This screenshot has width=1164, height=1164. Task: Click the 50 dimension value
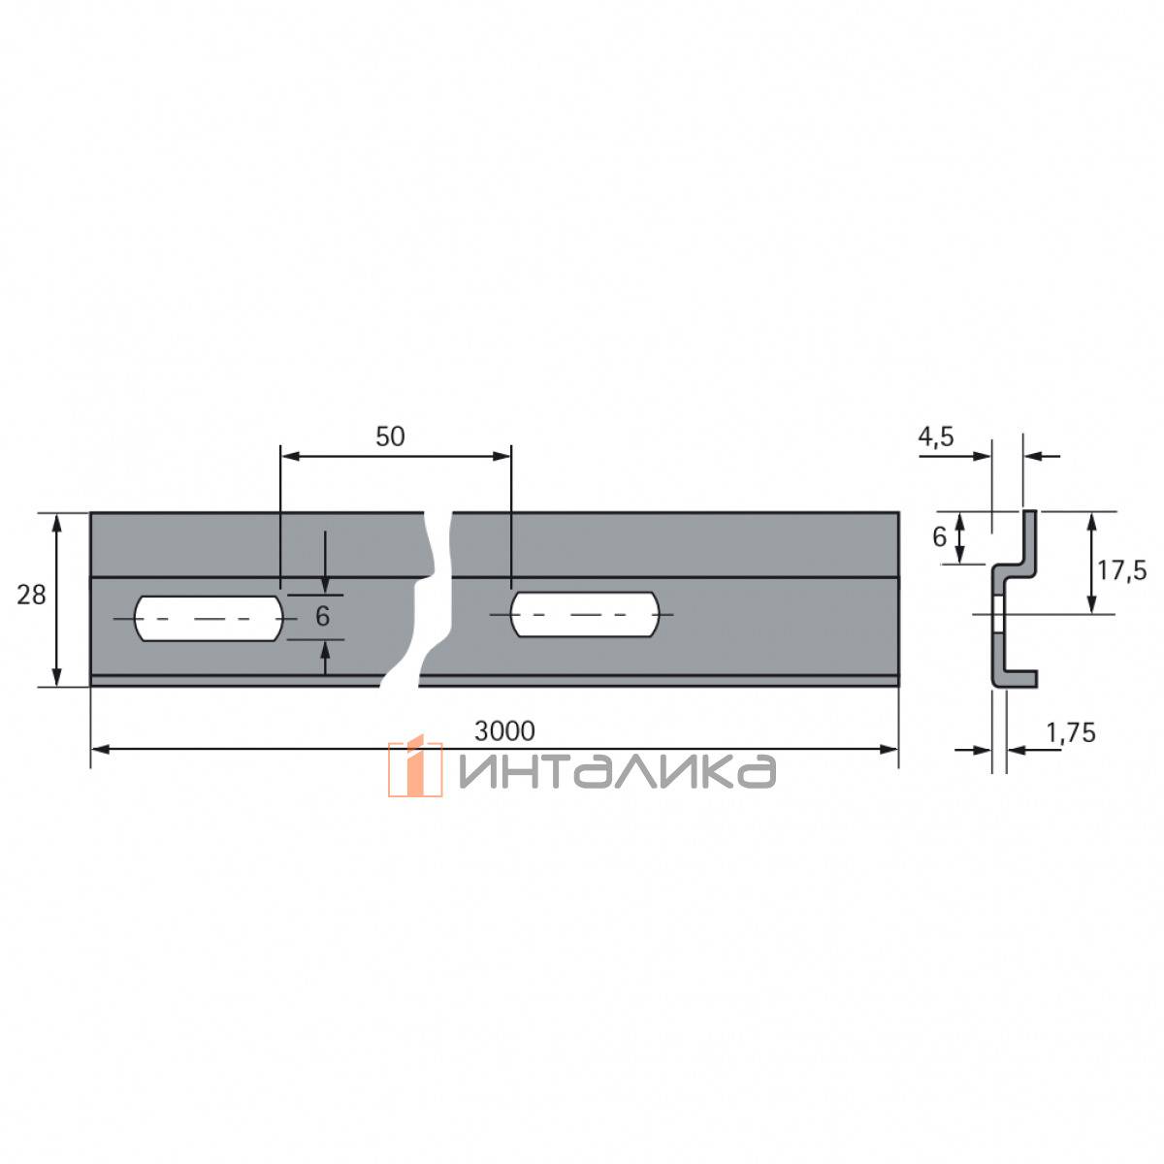pos(390,436)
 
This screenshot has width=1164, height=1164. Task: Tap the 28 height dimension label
pos(31,596)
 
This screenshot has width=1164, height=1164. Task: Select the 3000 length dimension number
pos(504,731)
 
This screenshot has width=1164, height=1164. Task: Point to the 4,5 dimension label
pos(936,436)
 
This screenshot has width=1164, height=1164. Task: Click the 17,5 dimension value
pos(1121,570)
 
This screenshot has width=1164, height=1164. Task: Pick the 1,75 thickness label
pos(1071,732)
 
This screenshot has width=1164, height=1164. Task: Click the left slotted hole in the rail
pos(209,619)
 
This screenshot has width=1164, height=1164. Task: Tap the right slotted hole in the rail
pos(585,614)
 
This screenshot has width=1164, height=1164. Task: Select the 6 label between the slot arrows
pos(323,616)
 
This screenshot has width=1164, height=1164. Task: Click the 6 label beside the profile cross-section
pos(939,537)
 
